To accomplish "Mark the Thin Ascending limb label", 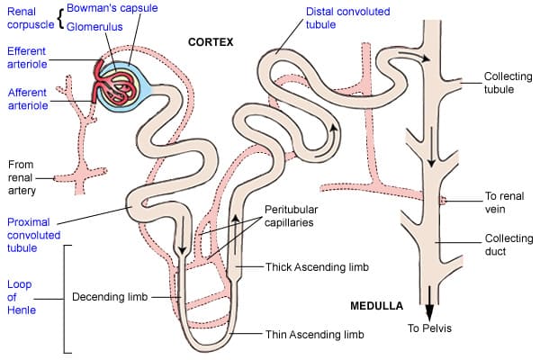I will point(316,334).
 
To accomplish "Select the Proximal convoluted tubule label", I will point(34,236).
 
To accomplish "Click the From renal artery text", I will point(23,178).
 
